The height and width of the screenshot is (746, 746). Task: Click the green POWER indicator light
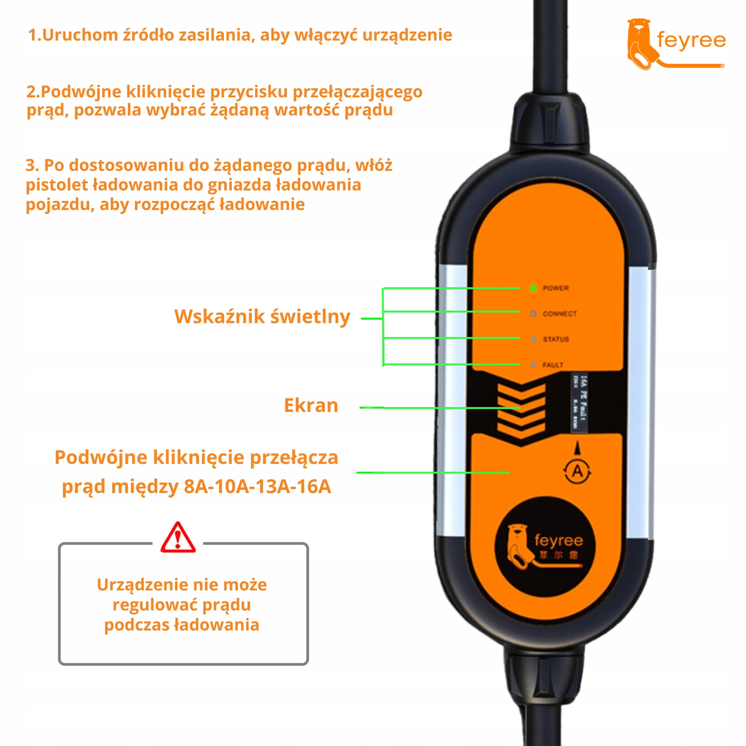click(533, 288)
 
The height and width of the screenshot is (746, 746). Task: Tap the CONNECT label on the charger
click(559, 314)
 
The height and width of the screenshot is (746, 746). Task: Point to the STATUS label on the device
click(556, 339)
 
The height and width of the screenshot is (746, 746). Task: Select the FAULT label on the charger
click(553, 365)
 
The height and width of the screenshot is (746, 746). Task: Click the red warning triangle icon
click(178, 538)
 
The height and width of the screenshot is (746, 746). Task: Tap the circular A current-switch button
click(578, 472)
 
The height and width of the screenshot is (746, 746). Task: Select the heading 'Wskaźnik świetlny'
click(262, 316)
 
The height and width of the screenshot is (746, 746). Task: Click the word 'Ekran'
click(311, 405)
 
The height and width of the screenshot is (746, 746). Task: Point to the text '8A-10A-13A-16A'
click(257, 486)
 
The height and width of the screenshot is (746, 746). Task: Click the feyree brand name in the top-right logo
click(691, 40)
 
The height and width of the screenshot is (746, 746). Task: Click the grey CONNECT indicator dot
click(533, 314)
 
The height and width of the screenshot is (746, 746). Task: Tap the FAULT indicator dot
click(533, 365)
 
